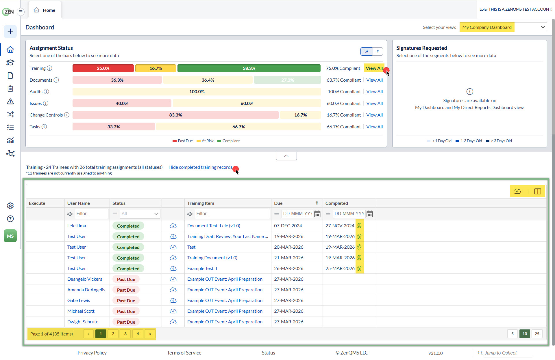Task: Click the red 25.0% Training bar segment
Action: (x=103, y=68)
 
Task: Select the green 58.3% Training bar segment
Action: (x=249, y=68)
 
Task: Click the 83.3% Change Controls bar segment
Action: (x=175, y=115)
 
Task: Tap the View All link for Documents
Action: (x=374, y=80)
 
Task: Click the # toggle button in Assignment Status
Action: (x=378, y=52)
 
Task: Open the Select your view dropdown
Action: (x=503, y=27)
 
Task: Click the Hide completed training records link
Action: (x=200, y=167)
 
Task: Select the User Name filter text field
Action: (x=91, y=214)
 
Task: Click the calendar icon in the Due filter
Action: (x=317, y=214)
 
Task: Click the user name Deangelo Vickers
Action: (x=85, y=279)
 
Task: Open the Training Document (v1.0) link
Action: (x=212, y=258)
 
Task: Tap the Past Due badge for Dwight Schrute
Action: (x=126, y=322)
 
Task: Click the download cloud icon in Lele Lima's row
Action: (x=173, y=226)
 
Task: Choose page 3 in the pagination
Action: (x=125, y=334)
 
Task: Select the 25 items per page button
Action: (x=537, y=334)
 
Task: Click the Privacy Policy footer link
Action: (x=92, y=353)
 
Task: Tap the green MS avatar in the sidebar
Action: (x=10, y=236)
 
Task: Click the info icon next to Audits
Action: (x=46, y=92)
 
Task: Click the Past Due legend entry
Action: (x=183, y=141)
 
